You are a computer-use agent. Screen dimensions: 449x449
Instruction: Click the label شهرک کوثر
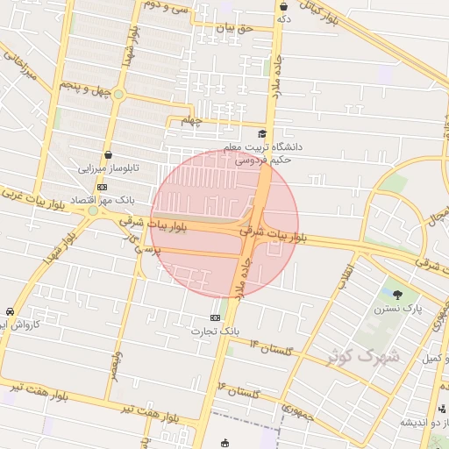[x=363, y=356]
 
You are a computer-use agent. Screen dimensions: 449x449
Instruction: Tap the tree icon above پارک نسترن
[x=398, y=295]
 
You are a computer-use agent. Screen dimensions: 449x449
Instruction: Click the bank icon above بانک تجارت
[x=216, y=317]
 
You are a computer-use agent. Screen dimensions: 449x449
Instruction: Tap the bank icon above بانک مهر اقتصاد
[x=103, y=186]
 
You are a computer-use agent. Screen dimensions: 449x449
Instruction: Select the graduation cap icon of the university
[x=261, y=133]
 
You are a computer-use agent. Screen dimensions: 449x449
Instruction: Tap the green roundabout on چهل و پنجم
[x=118, y=94]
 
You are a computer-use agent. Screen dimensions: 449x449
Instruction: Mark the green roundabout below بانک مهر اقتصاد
[x=92, y=210]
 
